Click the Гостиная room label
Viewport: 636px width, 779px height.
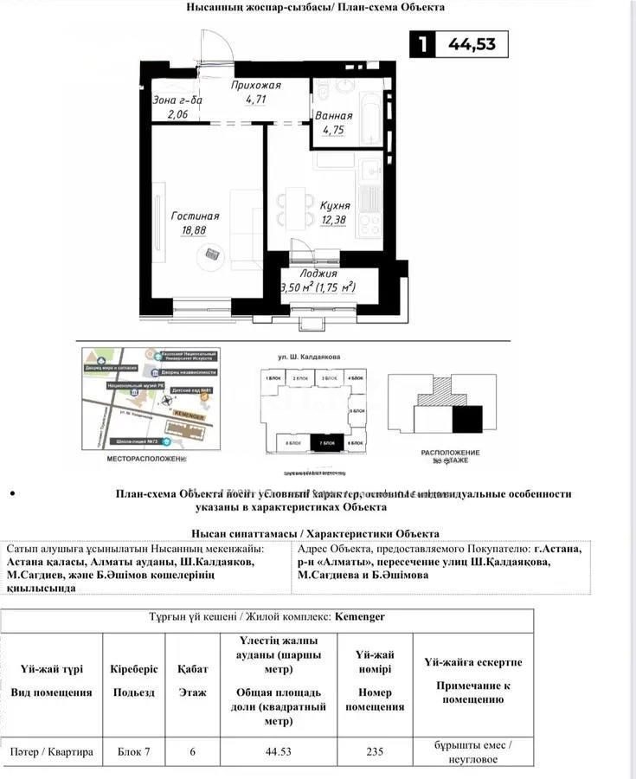[x=195, y=216]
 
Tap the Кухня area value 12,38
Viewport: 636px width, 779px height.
[x=334, y=221]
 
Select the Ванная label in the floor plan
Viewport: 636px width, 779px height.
[x=334, y=115]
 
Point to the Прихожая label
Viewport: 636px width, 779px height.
[x=256, y=86]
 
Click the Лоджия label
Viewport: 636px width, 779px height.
[x=319, y=273]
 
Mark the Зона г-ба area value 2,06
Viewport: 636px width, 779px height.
[x=177, y=114]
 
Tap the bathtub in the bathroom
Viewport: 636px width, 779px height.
[x=369, y=119]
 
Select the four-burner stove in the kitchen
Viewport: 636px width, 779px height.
[x=369, y=224]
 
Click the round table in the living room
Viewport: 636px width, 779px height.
[x=213, y=255]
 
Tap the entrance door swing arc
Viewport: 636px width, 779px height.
[x=216, y=43]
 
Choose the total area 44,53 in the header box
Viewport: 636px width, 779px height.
[x=472, y=43]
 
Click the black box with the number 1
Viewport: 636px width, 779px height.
[x=422, y=43]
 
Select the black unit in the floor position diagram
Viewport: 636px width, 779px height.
[x=467, y=420]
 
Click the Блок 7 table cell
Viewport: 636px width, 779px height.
[x=134, y=751]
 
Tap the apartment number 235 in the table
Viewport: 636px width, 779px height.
[x=375, y=751]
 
